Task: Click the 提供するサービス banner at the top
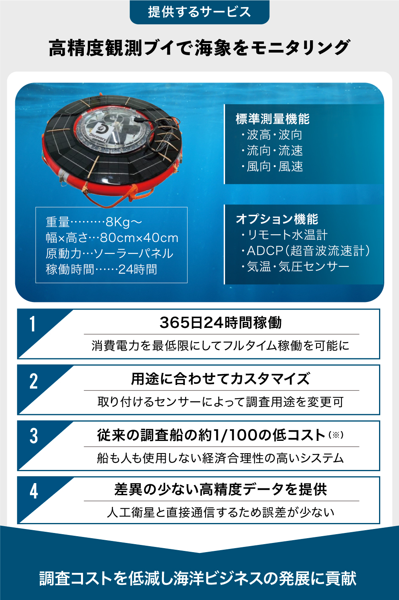[199, 12]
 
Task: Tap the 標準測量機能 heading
[273, 119]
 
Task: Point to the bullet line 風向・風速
[272, 166]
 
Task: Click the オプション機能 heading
[277, 219]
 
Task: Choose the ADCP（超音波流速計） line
[305, 251]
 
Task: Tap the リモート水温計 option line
[284, 235]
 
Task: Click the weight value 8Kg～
[124, 222]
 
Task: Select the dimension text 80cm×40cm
[139, 238]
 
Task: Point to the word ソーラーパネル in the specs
[134, 254]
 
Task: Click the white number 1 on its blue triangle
[33, 324]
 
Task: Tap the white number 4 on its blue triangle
[34, 491]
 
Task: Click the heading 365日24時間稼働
[221, 322]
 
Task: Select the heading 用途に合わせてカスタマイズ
[220, 379]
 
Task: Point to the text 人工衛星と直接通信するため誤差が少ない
[221, 512]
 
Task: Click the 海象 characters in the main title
[213, 48]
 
